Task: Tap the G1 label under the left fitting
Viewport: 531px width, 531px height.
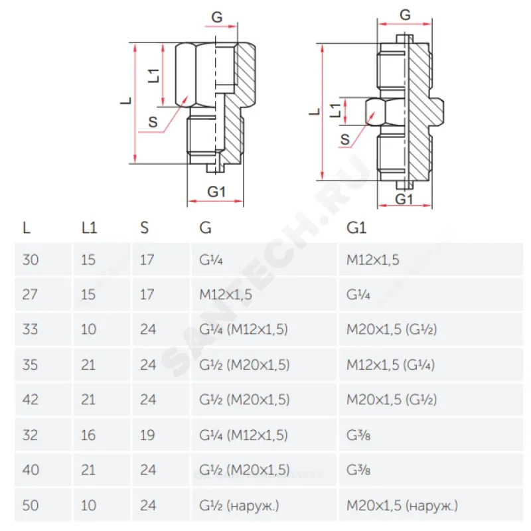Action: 217,192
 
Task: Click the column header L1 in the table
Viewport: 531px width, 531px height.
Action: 89,228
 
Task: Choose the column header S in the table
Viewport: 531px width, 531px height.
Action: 145,228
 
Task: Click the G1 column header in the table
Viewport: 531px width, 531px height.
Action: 356,228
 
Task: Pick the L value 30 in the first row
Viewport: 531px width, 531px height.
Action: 31,259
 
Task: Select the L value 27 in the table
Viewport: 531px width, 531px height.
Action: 31,294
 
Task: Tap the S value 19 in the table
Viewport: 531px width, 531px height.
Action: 147,435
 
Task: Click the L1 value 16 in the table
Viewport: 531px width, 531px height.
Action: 88,435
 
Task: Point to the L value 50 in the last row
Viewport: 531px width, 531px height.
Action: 31,506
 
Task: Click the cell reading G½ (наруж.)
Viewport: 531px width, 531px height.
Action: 239,506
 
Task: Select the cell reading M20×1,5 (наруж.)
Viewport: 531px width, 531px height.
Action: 402,506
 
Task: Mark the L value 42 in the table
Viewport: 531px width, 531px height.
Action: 31,400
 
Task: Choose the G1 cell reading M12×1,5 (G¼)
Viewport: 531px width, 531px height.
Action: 390,364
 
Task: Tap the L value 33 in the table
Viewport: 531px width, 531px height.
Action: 31,329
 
